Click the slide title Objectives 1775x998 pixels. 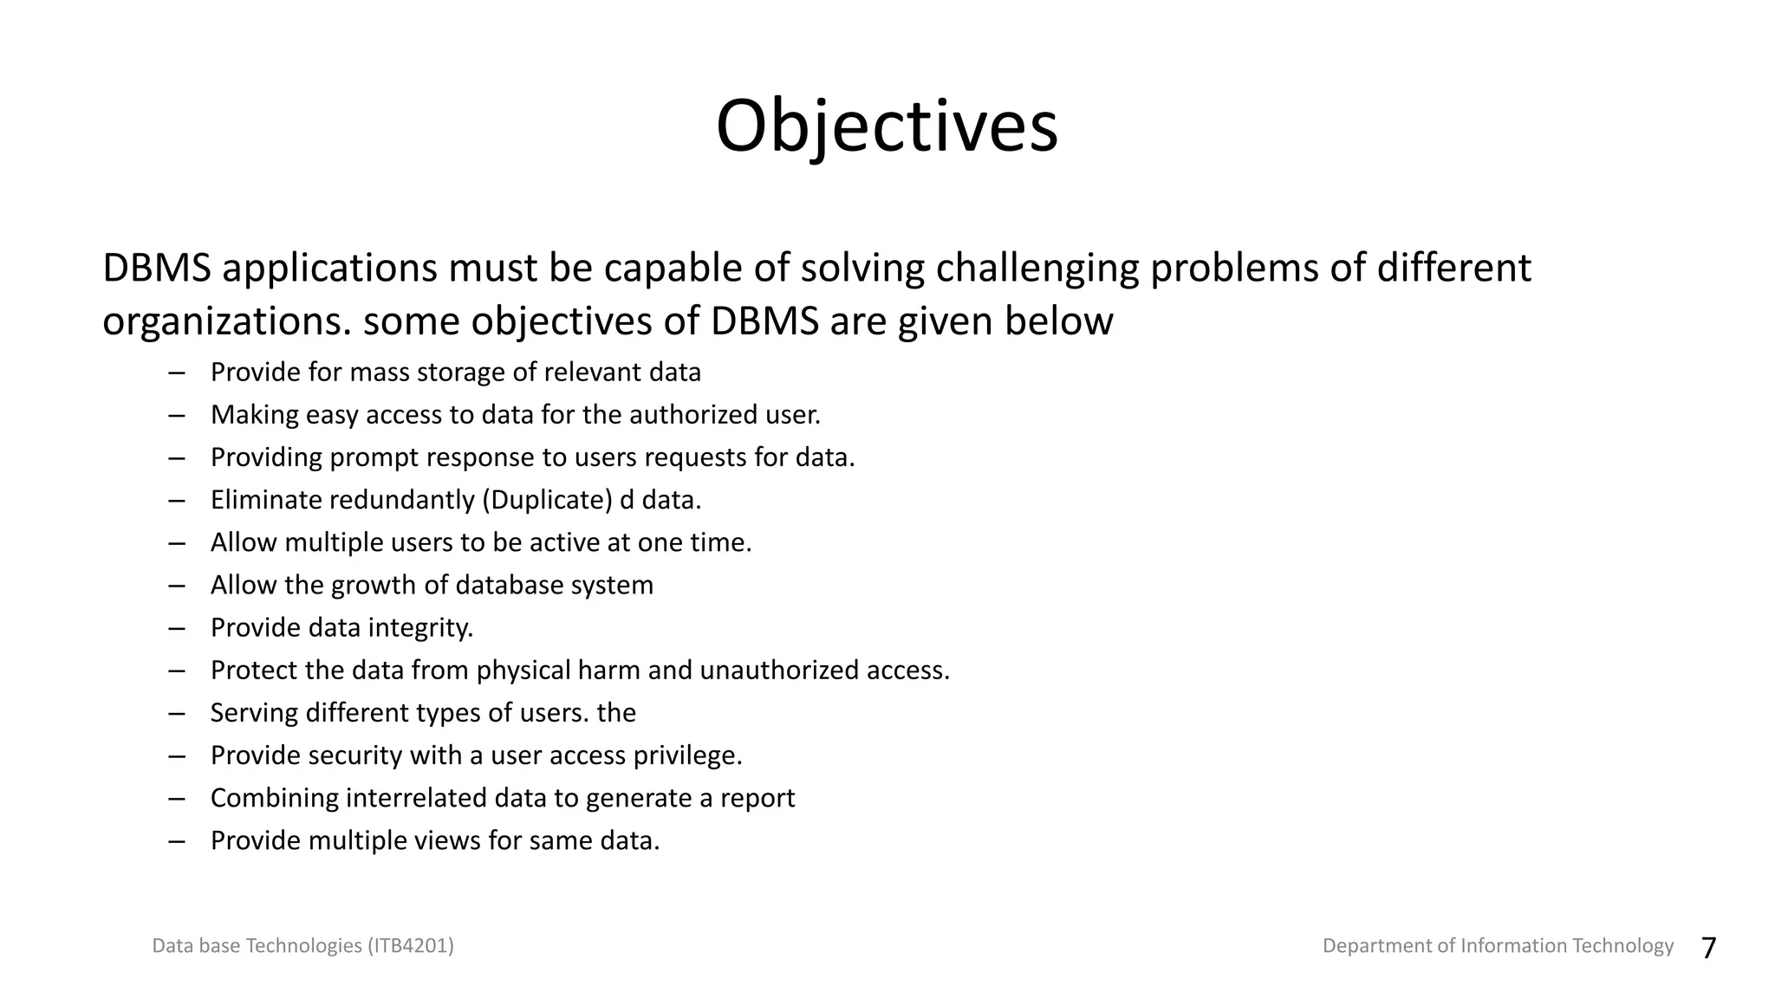(x=887, y=127)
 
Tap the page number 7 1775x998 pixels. (x=1708, y=948)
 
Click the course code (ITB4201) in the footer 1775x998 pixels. (x=411, y=945)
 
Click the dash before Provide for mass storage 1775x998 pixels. (x=178, y=373)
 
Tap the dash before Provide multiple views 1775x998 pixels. (x=178, y=841)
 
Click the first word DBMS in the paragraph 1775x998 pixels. (x=157, y=268)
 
